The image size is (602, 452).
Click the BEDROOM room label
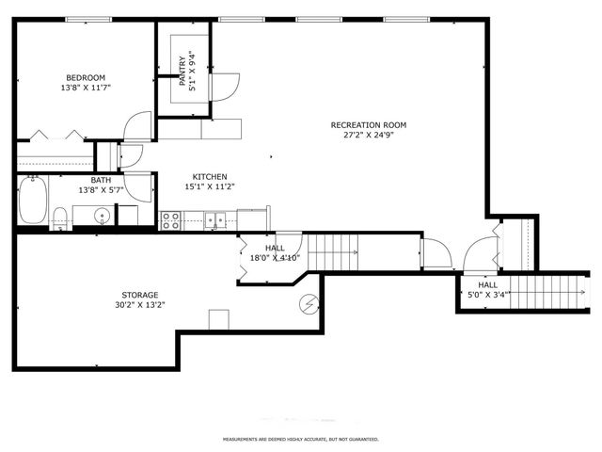tap(85, 77)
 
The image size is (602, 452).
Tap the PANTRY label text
tap(184, 68)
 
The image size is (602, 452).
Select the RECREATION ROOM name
tap(368, 124)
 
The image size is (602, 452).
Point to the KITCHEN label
tap(210, 176)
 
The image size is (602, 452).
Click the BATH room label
tap(101, 180)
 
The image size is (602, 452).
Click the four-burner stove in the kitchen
tap(170, 220)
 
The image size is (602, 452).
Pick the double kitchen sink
tap(216, 221)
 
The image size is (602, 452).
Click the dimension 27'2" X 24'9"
tap(368, 135)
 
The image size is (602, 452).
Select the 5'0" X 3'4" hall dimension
tap(488, 295)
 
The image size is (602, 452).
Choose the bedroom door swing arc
tap(138, 126)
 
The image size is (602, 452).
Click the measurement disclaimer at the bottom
tap(300, 440)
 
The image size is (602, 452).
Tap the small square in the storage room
tap(219, 319)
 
